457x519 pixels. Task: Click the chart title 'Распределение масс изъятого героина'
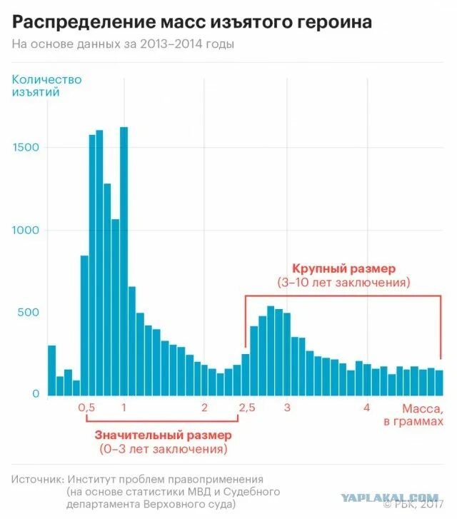[x=192, y=21]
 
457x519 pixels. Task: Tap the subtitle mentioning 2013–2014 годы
[x=123, y=44]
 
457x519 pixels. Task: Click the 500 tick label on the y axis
[x=29, y=313]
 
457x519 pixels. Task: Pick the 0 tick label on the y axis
[x=35, y=394]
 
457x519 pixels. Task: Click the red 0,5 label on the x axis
[x=86, y=408]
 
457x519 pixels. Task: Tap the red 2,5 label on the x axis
[x=246, y=408]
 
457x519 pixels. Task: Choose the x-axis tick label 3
[x=286, y=408]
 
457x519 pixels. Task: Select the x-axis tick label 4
[x=366, y=408]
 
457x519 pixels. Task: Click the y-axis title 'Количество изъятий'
[x=46, y=85]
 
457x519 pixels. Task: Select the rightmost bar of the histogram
[x=439, y=383]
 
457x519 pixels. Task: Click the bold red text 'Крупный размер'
[x=343, y=268]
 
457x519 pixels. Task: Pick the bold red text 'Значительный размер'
[x=164, y=435]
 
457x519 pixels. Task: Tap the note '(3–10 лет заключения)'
[x=343, y=282]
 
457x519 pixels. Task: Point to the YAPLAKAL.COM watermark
[x=389, y=498]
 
